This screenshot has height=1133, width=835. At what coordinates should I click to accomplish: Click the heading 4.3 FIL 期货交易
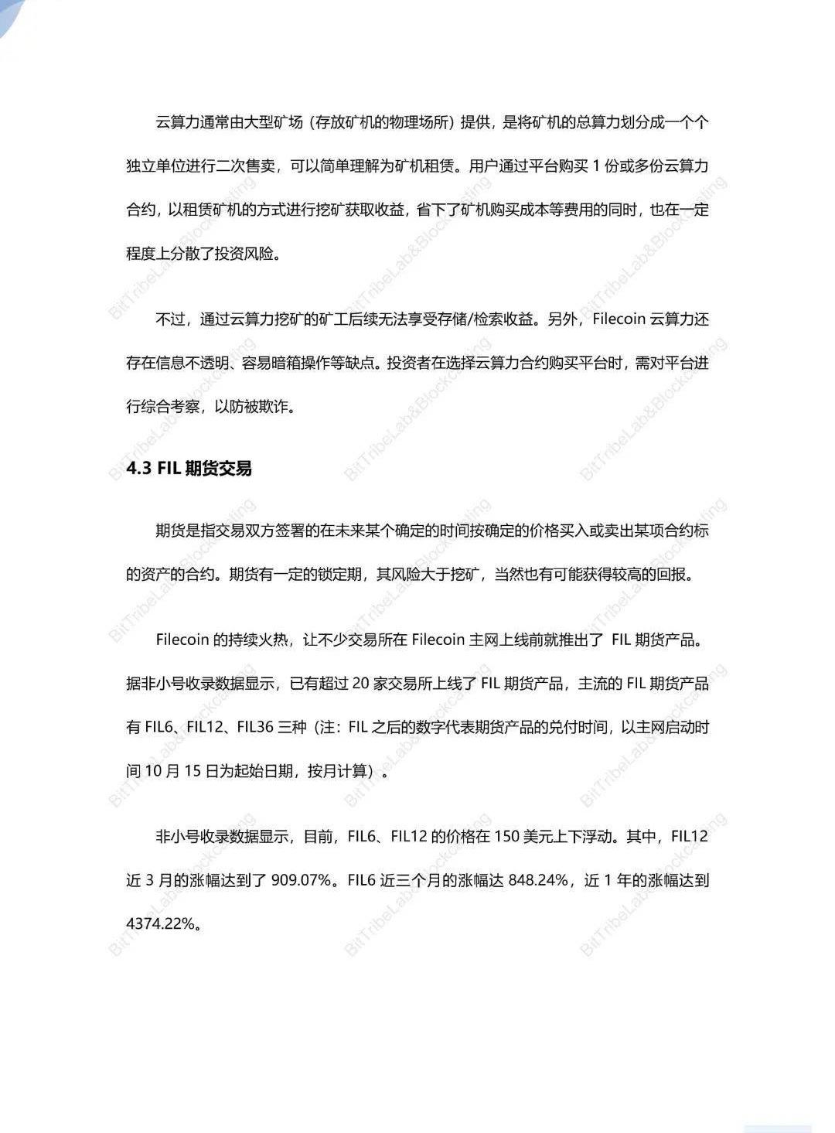189,469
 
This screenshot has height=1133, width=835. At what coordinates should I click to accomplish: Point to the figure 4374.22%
158,923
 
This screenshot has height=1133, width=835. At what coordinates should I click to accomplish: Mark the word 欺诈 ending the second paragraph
273,407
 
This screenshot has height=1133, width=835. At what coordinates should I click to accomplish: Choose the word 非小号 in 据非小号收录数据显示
162,684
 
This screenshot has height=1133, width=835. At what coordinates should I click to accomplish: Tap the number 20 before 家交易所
360,684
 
